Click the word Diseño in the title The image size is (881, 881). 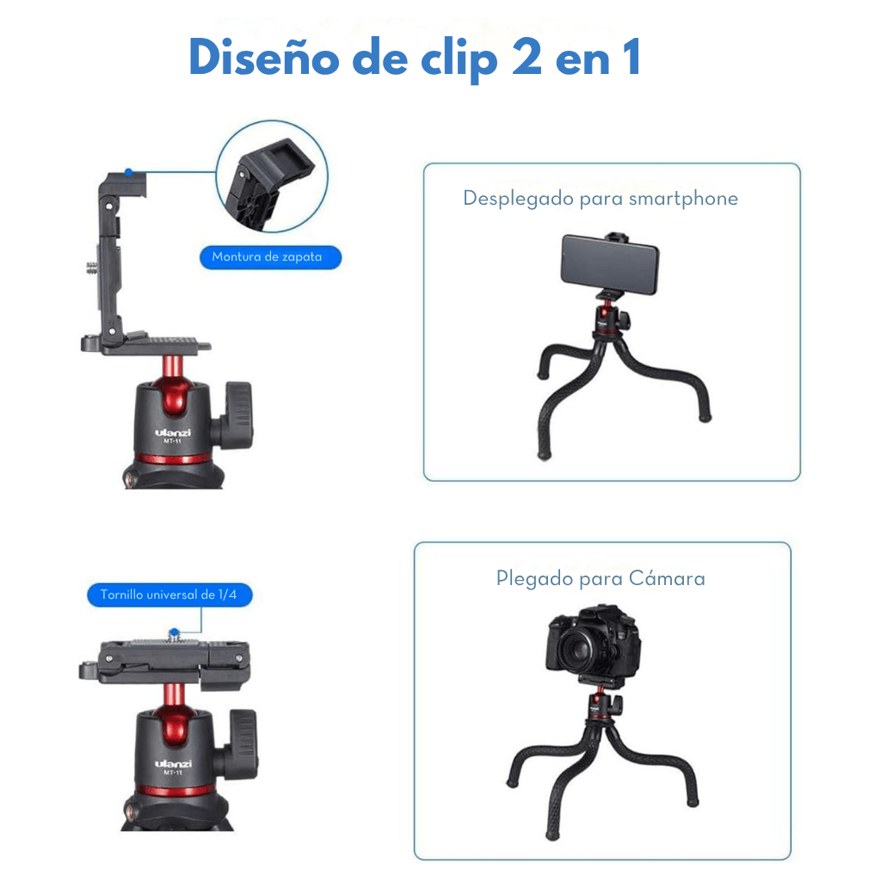tap(263, 57)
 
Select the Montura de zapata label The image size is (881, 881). tap(270, 257)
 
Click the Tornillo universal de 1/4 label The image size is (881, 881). tap(169, 595)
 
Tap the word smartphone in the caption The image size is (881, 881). tap(683, 199)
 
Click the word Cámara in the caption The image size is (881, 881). tap(667, 578)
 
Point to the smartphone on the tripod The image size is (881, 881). tap(610, 264)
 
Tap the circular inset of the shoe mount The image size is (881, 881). tap(272, 176)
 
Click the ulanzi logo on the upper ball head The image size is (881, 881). tap(173, 433)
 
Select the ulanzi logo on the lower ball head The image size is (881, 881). tap(173, 764)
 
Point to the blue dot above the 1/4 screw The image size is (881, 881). tap(174, 633)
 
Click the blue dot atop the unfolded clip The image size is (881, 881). tap(129, 172)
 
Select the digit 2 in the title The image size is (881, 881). tap(527, 57)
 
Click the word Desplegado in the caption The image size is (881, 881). tap(518, 199)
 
